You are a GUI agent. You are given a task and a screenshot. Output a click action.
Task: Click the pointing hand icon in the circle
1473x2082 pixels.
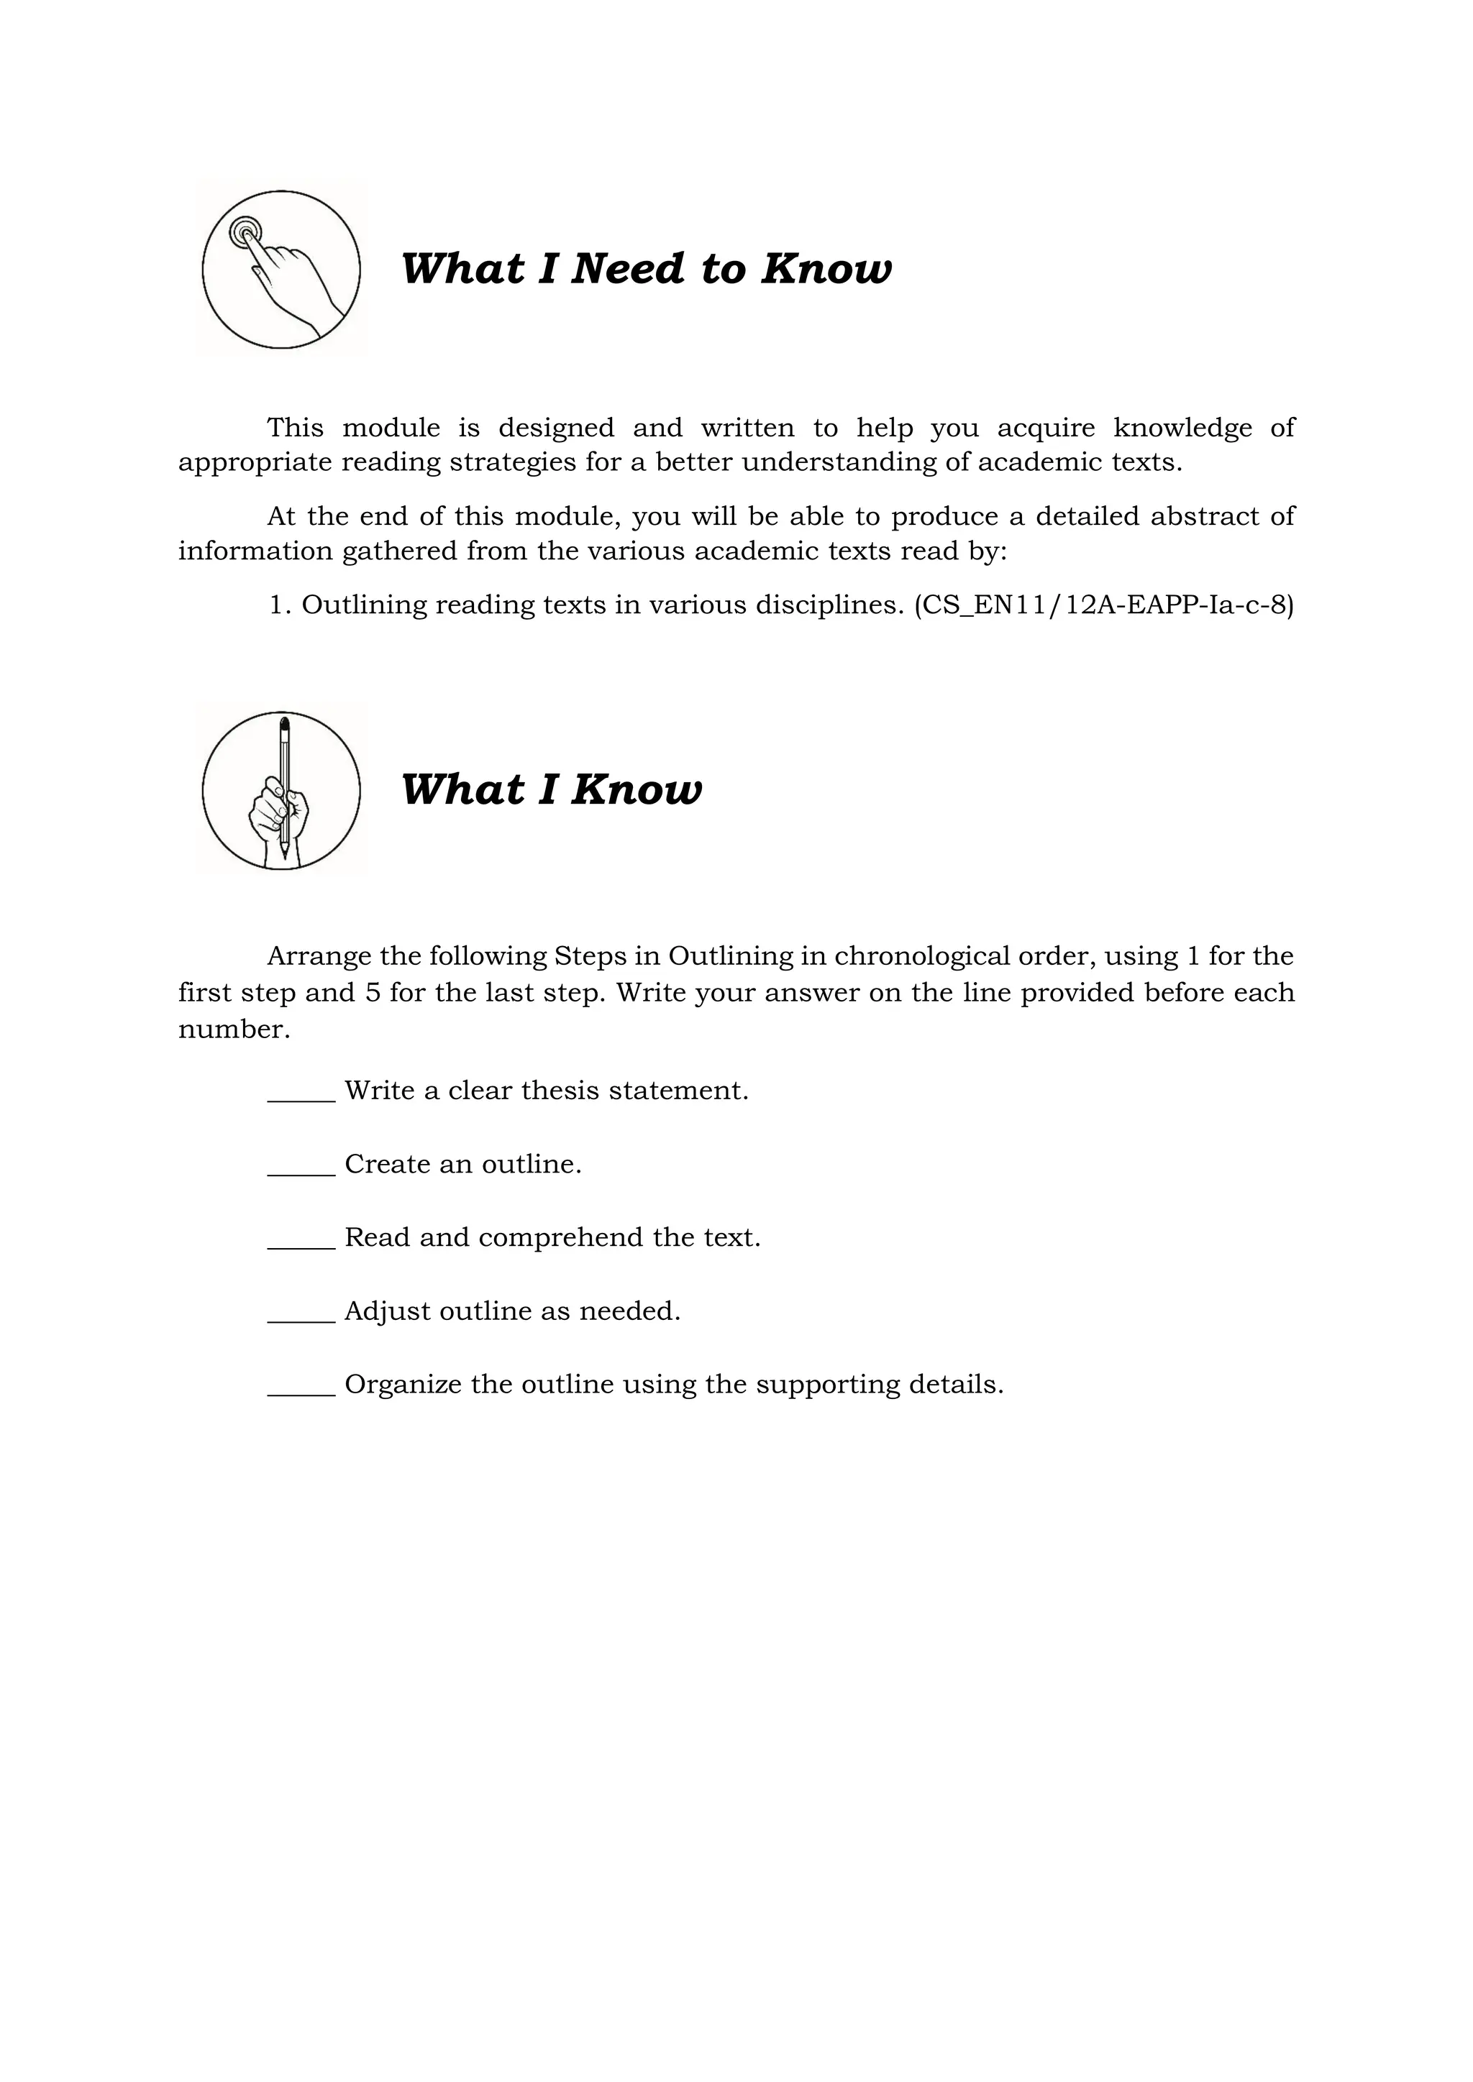tap(281, 270)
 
